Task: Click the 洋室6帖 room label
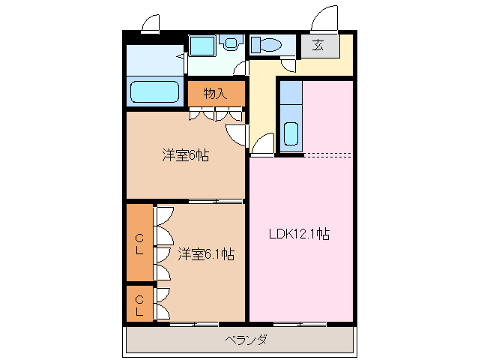point(185,156)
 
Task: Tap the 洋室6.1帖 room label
point(206,254)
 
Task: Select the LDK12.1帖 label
point(300,234)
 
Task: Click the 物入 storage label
point(215,94)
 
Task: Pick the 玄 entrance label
point(318,45)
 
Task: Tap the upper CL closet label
point(139,244)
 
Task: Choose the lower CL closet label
point(139,305)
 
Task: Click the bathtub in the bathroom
point(155,92)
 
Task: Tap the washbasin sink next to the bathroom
point(202,46)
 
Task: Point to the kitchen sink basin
point(291,135)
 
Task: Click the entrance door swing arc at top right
point(328,18)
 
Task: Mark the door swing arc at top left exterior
point(151,24)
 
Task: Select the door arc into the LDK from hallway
point(262,145)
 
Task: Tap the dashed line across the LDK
point(328,155)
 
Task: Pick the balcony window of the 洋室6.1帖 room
point(193,324)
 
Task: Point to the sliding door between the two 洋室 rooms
point(215,201)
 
